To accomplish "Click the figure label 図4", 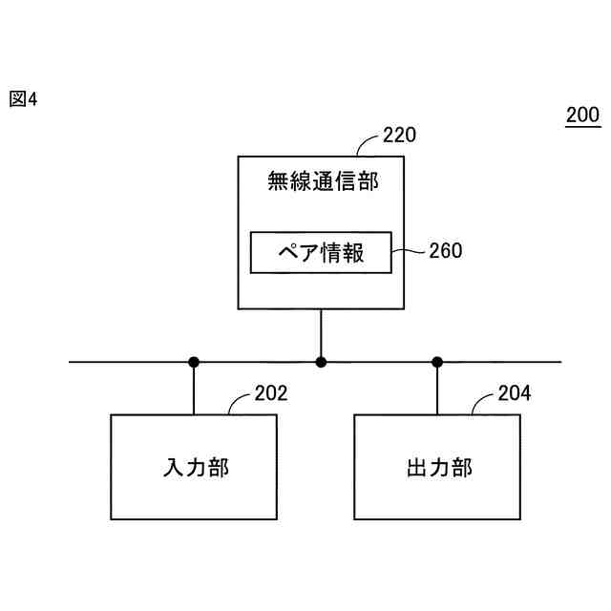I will (23, 98).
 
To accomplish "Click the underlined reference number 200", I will (582, 116).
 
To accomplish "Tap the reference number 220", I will (399, 135).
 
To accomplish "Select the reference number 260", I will (445, 251).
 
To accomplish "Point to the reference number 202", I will (270, 393).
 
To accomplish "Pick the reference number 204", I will (515, 393).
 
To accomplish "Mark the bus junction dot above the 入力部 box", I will (194, 362).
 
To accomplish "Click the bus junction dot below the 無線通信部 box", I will (321, 362).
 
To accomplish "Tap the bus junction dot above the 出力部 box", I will (437, 362).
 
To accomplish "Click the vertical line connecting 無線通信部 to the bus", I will (321, 334).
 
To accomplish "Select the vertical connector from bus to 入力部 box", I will (194, 390).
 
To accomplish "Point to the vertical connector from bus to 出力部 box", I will (437, 390).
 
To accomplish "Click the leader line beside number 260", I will (408, 252).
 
